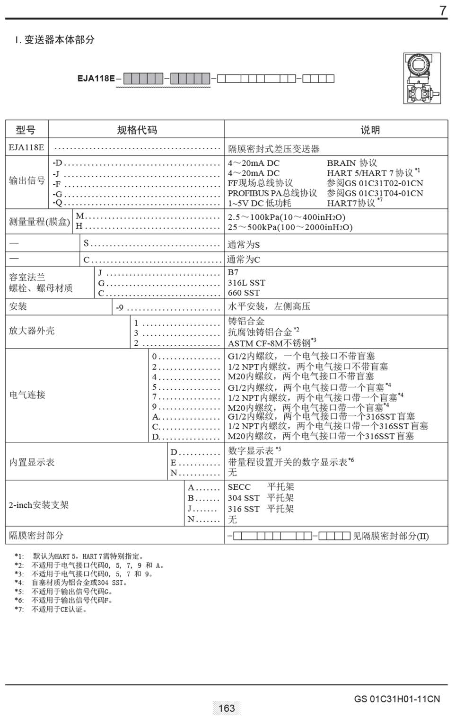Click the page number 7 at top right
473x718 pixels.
[443, 10]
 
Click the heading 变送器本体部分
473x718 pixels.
[59, 40]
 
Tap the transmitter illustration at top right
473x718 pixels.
[421, 78]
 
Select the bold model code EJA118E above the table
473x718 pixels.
[96, 79]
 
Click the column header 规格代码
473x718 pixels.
[137, 130]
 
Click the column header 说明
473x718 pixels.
[370, 130]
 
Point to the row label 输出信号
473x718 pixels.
[27, 180]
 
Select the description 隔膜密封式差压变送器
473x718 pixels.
[274, 149]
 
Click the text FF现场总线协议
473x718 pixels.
[260, 183]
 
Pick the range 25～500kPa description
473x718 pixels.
[290, 227]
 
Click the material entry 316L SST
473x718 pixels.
[246, 283]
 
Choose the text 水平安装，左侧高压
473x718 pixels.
[269, 306]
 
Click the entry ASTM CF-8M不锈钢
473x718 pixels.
[269, 343]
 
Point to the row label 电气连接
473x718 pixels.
[27, 395]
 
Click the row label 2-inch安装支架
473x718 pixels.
[39, 505]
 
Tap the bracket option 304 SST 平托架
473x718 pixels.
[261, 498]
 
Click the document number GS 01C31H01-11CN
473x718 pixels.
[396, 699]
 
